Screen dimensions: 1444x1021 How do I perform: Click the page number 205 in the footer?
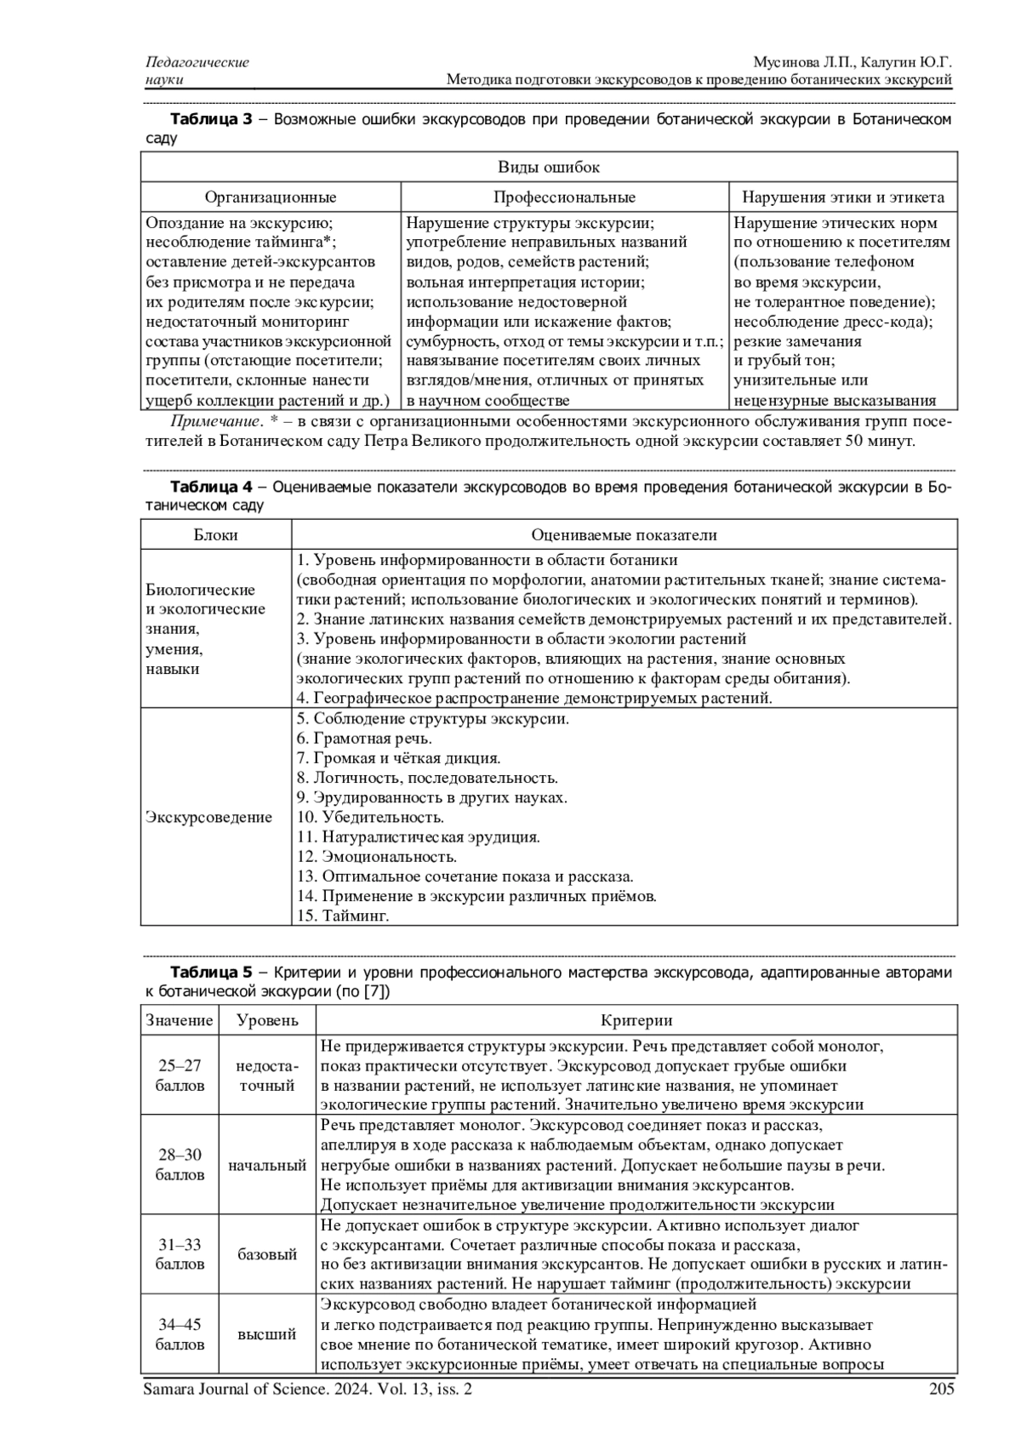click(942, 1390)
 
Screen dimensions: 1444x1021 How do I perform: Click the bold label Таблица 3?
click(212, 119)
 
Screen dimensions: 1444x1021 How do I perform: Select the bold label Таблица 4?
click(212, 488)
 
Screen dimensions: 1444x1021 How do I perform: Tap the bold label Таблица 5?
click(212, 972)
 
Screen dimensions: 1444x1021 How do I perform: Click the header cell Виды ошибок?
click(549, 168)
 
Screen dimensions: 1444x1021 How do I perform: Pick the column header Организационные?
click(271, 197)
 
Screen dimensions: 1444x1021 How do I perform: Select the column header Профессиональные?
click(564, 197)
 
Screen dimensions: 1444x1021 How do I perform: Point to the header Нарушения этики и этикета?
click(843, 197)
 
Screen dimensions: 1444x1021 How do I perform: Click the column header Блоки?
click(216, 535)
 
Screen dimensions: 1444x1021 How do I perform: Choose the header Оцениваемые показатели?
click(624, 535)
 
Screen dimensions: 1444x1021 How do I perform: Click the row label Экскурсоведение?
click(209, 818)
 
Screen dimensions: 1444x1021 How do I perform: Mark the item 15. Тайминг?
click(343, 916)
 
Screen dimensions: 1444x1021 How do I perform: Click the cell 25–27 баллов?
click(180, 1076)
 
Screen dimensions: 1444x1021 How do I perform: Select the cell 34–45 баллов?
click(180, 1334)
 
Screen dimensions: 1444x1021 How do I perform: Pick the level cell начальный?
click(267, 1165)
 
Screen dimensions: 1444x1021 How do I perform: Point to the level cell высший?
click(267, 1334)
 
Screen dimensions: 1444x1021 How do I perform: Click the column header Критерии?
click(636, 1020)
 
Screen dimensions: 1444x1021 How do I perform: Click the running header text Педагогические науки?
click(197, 71)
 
